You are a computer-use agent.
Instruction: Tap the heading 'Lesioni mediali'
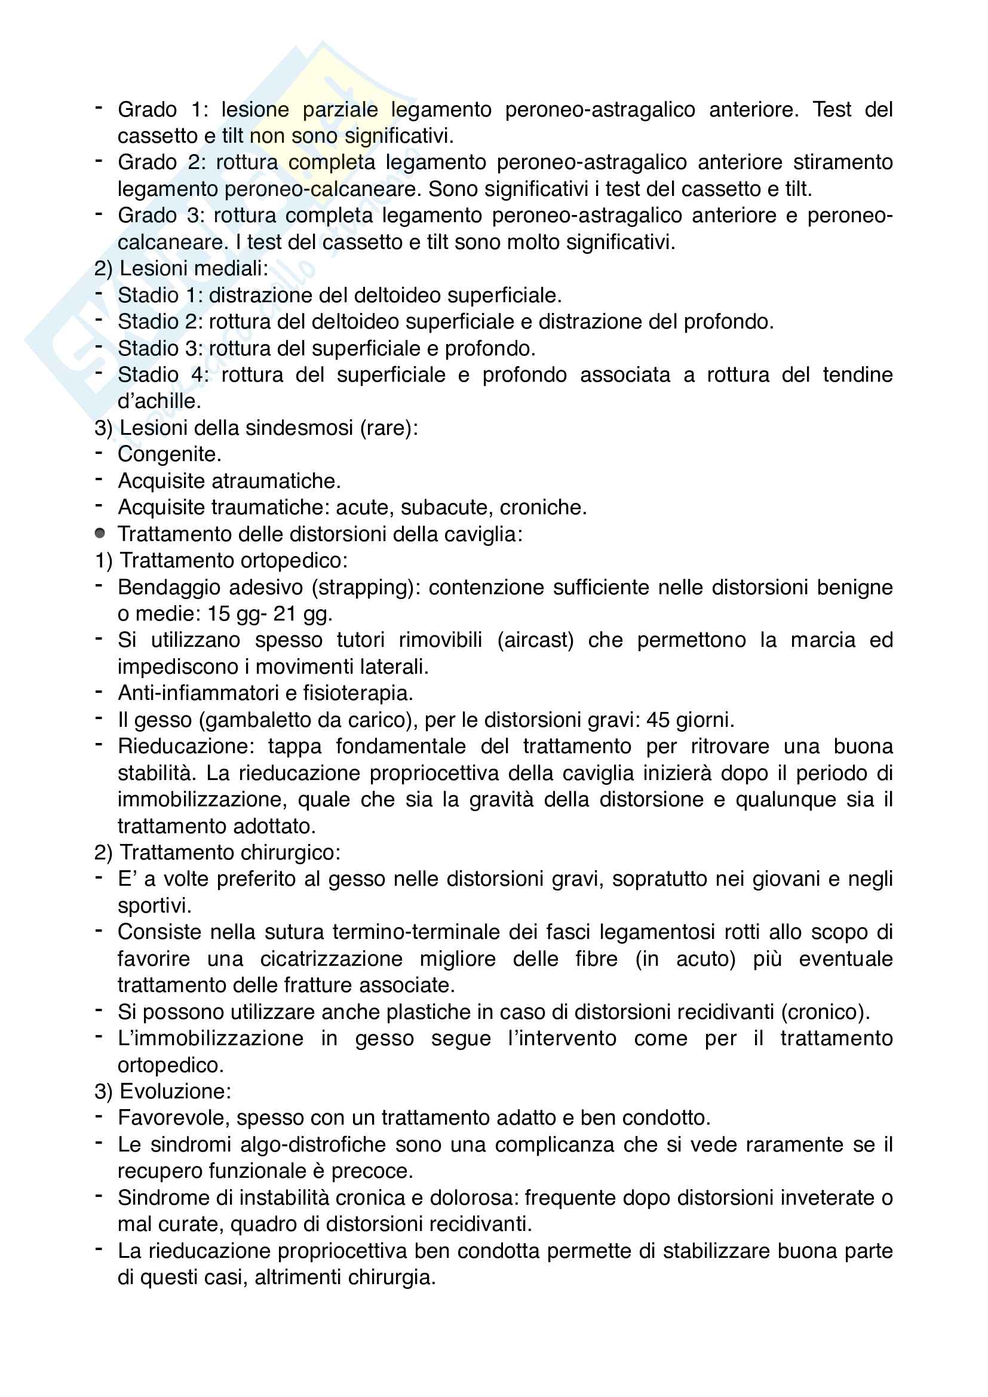pos(194,268)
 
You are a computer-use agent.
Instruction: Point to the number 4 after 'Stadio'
pos(197,375)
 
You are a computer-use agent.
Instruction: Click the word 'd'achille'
pos(159,401)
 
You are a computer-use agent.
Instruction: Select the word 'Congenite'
pos(168,455)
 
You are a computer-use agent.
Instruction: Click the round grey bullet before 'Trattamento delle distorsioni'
pos(100,533)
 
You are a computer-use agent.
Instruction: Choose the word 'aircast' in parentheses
pos(535,641)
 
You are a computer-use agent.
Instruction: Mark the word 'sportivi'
pos(154,906)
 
